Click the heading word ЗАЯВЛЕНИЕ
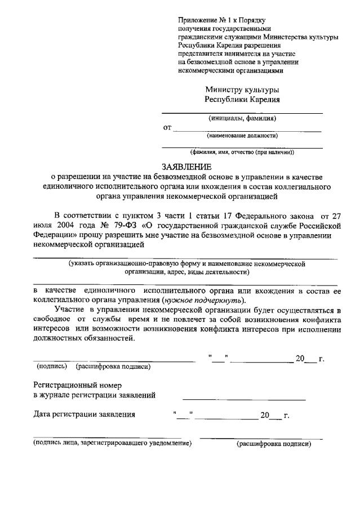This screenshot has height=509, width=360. point(187,167)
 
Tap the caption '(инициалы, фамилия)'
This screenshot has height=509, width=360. point(242,119)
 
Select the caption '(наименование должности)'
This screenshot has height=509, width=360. point(242,135)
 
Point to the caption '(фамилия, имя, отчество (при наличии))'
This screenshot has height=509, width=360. point(242,152)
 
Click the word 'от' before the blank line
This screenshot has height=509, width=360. point(167,128)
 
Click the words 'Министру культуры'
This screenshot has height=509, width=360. point(242,90)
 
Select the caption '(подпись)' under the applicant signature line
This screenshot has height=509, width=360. point(50,367)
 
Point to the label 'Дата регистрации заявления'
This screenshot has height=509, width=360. point(85,415)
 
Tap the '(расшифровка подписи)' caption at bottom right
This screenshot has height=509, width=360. point(273,444)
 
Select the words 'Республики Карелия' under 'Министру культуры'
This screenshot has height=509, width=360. point(242,100)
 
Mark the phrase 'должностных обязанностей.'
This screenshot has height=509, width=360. point(84,338)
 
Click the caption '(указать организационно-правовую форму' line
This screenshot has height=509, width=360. point(186,263)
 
